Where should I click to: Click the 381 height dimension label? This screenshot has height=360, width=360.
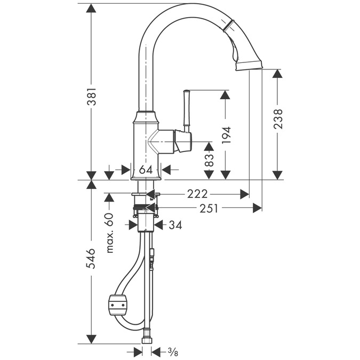coord(91,96)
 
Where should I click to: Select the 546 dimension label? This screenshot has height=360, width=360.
coord(91,258)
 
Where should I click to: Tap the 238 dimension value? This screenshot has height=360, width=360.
coord(278,119)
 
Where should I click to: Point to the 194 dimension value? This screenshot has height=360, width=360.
coord(226,135)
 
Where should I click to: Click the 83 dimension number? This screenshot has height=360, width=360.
coord(209,160)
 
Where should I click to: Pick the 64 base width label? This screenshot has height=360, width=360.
coord(146,170)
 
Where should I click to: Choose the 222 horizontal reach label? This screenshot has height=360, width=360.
coord(197,194)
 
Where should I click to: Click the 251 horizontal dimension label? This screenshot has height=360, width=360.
coord(209,208)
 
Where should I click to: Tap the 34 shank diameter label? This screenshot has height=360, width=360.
coord(175,225)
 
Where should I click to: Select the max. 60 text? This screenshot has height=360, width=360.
coord(110,233)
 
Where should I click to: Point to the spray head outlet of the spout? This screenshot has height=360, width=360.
coord(250,65)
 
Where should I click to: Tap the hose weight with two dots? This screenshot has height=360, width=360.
coord(117,305)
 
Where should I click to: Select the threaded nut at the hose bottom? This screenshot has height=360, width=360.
coord(147,337)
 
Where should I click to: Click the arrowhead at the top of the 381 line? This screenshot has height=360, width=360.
coord(91,8)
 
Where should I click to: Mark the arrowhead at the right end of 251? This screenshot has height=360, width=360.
coord(257,208)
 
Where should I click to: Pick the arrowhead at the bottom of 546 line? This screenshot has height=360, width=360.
coord(91,339)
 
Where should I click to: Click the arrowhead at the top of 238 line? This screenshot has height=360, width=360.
coord(278,74)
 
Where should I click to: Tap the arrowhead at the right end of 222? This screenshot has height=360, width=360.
coord(244,194)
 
